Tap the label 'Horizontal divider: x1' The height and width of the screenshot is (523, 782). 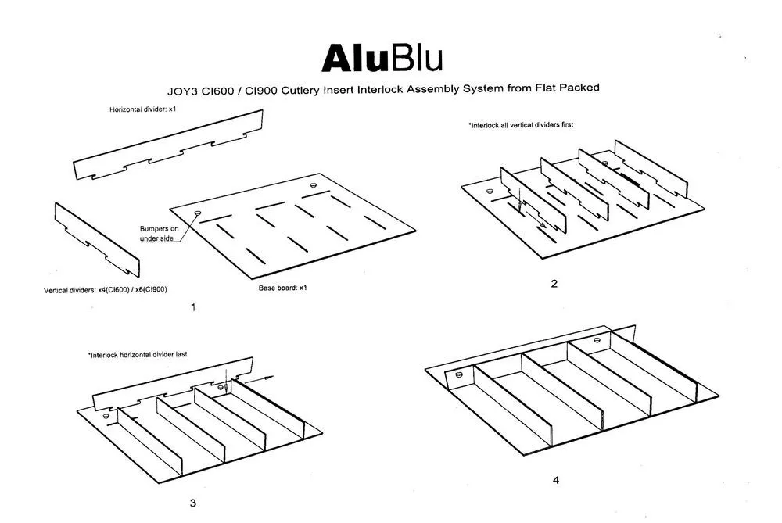pos(145,109)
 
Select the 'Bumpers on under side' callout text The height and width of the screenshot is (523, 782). pos(159,233)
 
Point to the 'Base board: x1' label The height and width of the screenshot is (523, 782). pos(283,288)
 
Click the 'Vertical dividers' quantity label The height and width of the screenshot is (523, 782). pos(106,289)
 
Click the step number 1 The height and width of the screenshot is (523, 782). pos(192,307)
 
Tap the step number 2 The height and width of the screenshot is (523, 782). pos(554,284)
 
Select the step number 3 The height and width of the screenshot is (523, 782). pos(192,502)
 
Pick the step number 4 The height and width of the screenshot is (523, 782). pos(556,480)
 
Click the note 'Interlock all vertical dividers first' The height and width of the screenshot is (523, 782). pos(521,124)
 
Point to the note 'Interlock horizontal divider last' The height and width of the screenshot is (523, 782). pos(138,354)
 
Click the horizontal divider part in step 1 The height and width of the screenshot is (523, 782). pos(168,145)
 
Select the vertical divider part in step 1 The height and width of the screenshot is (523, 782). pos(91,234)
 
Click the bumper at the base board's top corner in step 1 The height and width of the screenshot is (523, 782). pos(314,185)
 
